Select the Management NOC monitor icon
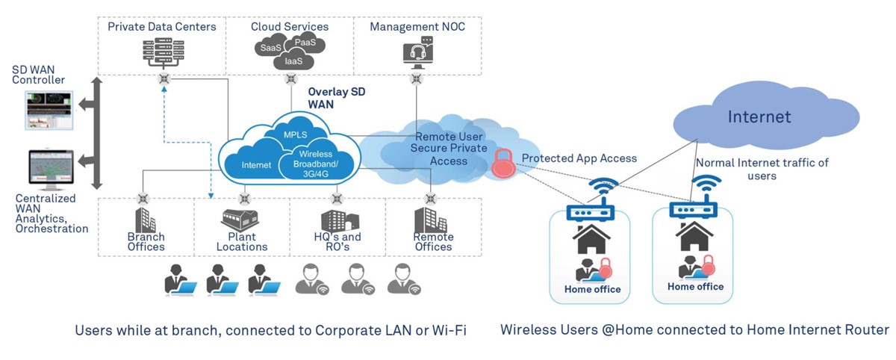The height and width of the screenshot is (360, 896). [x=417, y=52]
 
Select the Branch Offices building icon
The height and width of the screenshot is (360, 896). [x=146, y=220]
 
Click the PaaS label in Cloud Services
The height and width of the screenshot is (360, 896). [x=305, y=43]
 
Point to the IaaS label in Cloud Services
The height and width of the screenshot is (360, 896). [x=293, y=61]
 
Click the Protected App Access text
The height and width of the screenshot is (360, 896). [x=579, y=158]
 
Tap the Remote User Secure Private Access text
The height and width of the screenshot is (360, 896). [x=449, y=149]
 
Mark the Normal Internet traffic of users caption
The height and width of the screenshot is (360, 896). [x=762, y=169]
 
